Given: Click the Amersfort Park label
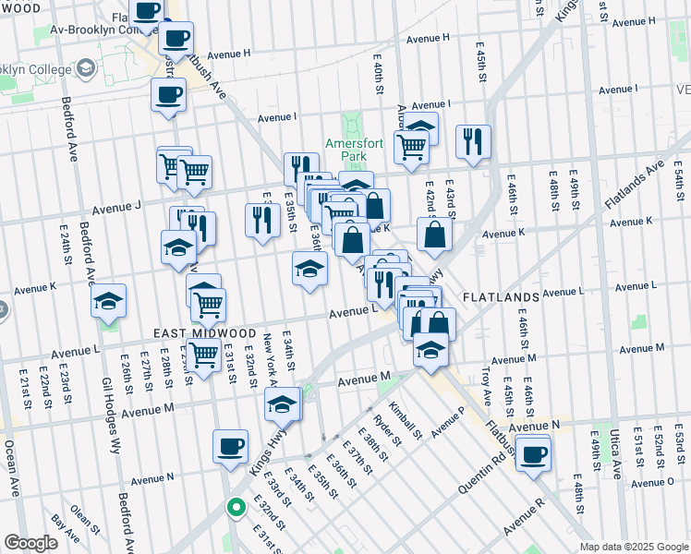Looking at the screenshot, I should tap(346, 151).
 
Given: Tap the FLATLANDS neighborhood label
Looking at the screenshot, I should tap(500, 297).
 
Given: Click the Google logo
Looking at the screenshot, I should tap(30, 543).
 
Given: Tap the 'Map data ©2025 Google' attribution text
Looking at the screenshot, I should tap(634, 547).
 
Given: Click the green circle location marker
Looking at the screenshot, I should tap(236, 506).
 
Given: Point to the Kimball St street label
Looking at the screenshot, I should tap(404, 420).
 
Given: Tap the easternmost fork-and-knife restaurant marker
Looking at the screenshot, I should tap(473, 141).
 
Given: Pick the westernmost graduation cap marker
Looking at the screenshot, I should tap(109, 301).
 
